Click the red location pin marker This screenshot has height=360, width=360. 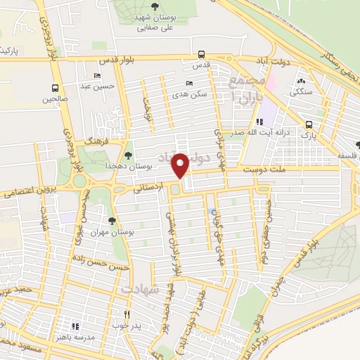coord(181,166)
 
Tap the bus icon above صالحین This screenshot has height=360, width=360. coord(55,89)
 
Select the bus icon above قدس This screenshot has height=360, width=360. coord(202,54)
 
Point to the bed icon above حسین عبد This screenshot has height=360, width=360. coord(98,75)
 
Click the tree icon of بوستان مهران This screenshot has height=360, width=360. coord(112,222)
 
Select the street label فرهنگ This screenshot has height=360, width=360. coord(94,141)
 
